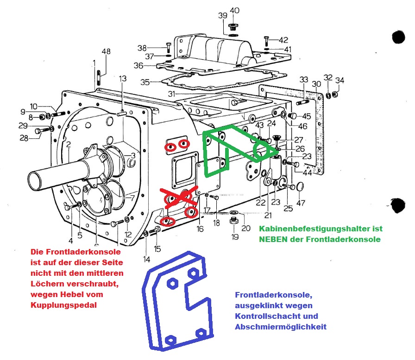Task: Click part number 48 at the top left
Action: pyautogui.click(x=106, y=52)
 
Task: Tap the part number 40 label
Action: pyautogui.click(x=235, y=10)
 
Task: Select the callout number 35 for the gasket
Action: pyautogui.click(x=145, y=82)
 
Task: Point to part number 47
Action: pyautogui.click(x=301, y=203)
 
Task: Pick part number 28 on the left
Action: pyautogui.click(x=24, y=137)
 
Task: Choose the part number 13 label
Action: pyautogui.click(x=122, y=79)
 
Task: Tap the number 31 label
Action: pyautogui.click(x=172, y=94)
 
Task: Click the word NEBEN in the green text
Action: pyautogui.click(x=272, y=239)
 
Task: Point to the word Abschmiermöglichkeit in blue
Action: pyautogui.click(x=281, y=327)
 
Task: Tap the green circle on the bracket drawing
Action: pyautogui.click(x=263, y=151)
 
